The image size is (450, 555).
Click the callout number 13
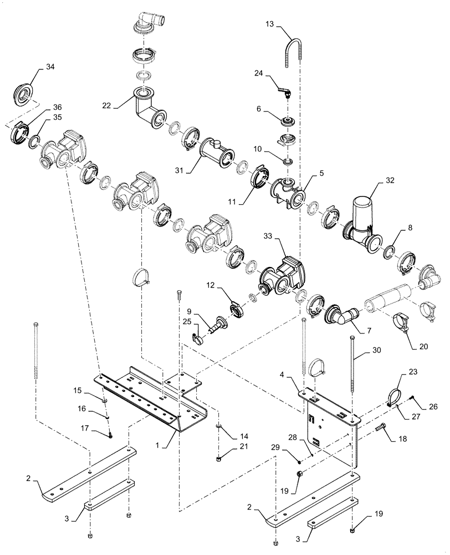270,24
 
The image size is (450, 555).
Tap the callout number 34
50,67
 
